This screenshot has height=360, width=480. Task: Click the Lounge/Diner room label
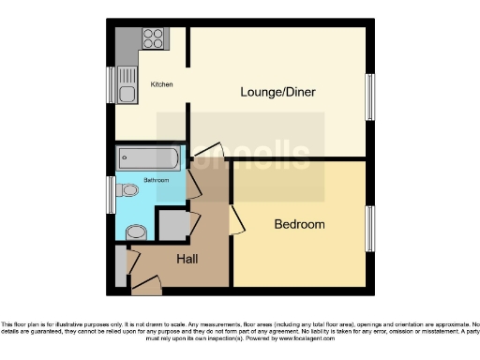point(277,92)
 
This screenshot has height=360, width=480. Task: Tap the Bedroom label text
point(299,224)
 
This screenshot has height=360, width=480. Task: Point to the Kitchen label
point(161,85)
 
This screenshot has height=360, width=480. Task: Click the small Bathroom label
point(157,179)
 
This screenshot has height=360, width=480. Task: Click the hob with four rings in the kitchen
point(153,39)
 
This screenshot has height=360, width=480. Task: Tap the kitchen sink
point(127,93)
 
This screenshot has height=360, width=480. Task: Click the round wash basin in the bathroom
point(137,232)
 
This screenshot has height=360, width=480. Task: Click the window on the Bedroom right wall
point(369,228)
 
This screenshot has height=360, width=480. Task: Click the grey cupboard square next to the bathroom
point(172,224)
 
